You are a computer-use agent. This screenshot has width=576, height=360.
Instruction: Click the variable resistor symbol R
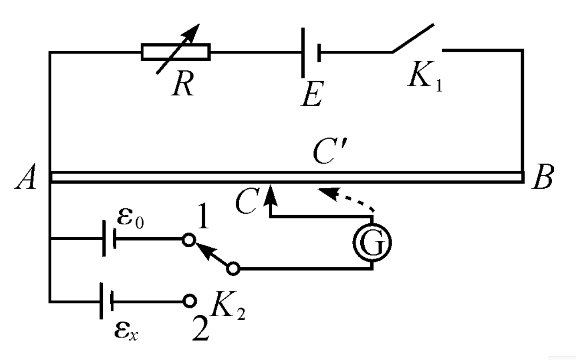pos(176,52)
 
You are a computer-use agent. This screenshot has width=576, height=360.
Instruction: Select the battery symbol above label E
pos(311,52)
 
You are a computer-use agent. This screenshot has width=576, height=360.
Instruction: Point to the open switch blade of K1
pos(413,38)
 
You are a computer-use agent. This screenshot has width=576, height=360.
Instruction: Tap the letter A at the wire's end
pos(26,177)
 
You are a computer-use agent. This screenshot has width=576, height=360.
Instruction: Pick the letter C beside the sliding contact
pos(247,201)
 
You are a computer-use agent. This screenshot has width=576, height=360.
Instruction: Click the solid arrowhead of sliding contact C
pos(270,195)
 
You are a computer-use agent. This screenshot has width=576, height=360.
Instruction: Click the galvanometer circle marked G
pos(372,242)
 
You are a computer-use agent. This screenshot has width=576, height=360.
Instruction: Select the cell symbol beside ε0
pos(109,239)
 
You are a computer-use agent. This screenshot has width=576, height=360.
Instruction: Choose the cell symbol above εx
pos(106,301)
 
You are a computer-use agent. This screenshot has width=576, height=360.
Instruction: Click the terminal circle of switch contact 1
pos(189,240)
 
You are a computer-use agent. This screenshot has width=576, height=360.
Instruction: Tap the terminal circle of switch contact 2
pos(190,301)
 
